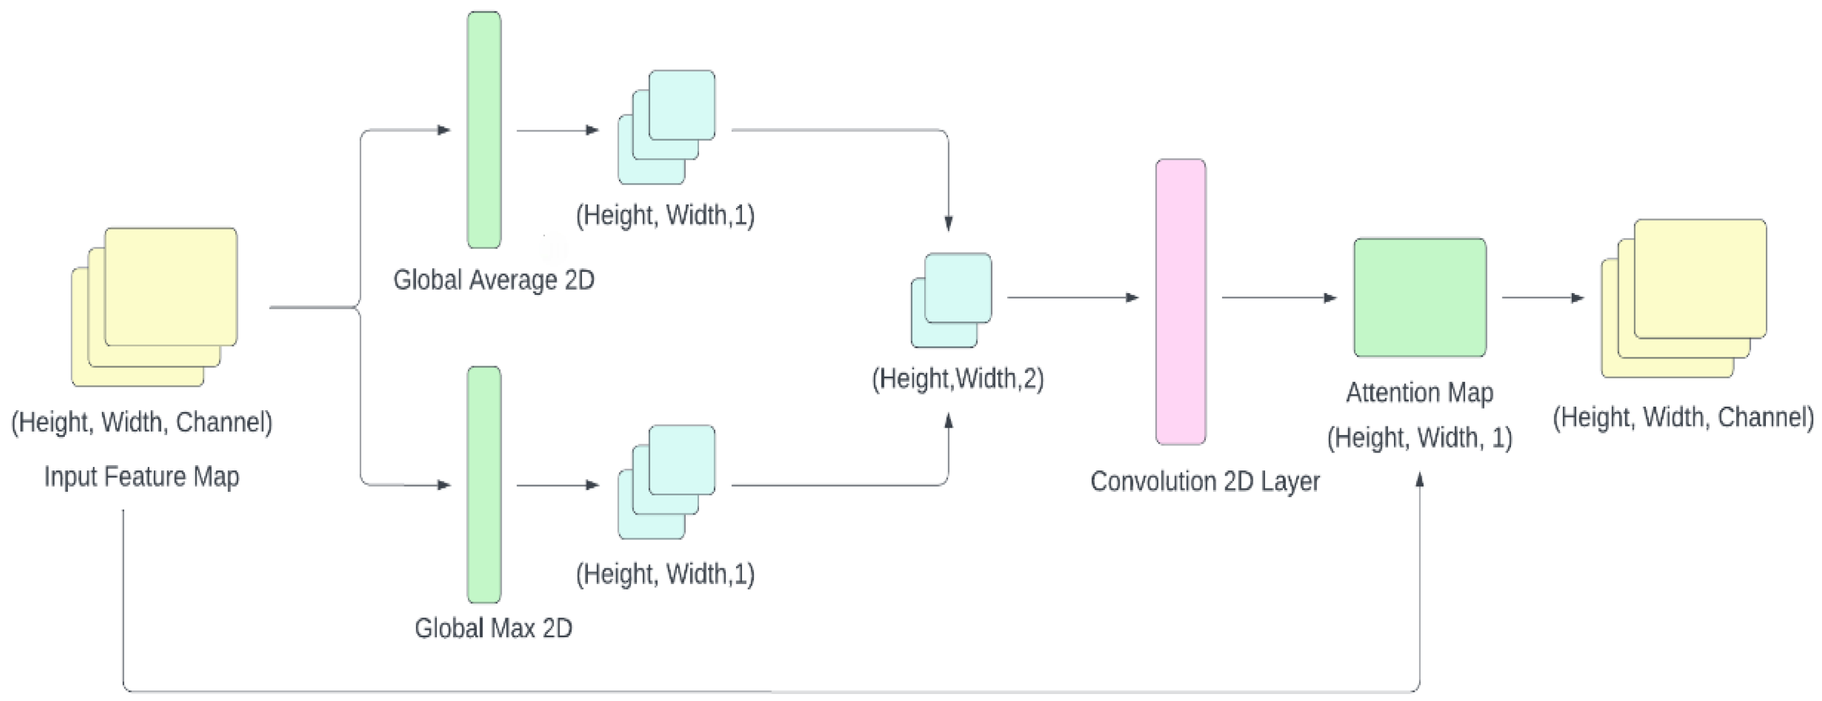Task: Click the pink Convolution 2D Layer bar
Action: tap(1180, 301)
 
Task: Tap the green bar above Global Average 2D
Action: tap(484, 129)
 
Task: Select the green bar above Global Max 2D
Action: tap(484, 484)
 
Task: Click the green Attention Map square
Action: tap(1419, 297)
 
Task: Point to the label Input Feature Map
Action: tap(141, 476)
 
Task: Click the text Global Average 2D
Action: tap(493, 280)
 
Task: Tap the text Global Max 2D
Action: tap(493, 628)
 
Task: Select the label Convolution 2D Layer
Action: tap(1205, 481)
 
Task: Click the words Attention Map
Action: tap(1419, 393)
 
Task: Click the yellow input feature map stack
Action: tap(154, 306)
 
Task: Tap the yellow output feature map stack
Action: tap(1684, 298)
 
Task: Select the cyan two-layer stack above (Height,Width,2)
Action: tap(952, 300)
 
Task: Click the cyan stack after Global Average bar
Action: tap(666, 127)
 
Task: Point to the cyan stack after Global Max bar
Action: tap(666, 481)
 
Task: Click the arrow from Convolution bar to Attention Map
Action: tap(1278, 298)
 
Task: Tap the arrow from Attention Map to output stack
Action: tap(1542, 298)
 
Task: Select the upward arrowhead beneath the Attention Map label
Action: tap(1419, 480)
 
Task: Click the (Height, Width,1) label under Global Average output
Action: tap(665, 214)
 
